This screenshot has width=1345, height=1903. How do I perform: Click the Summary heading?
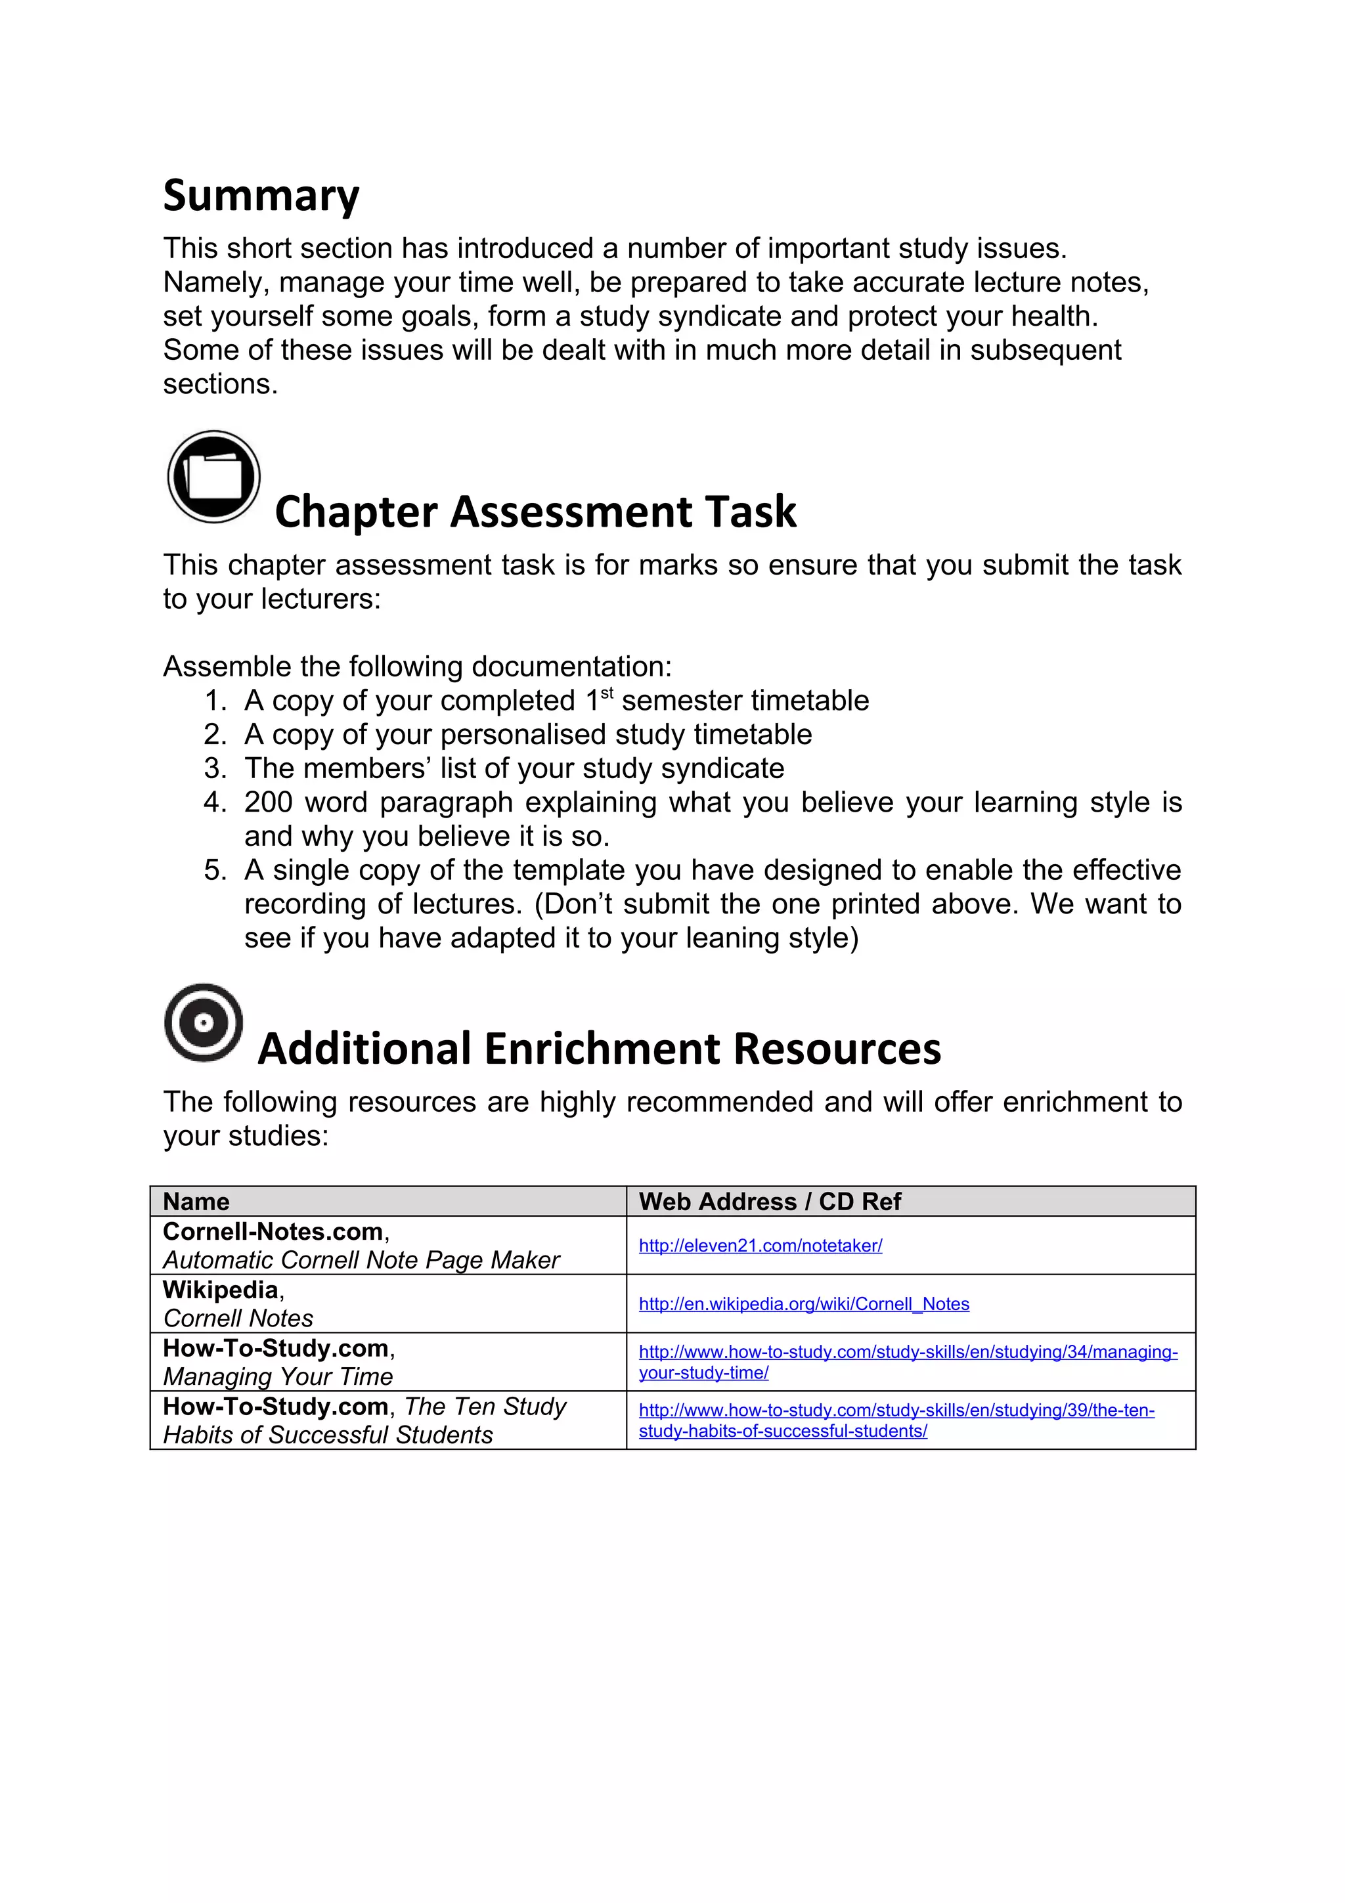click(x=261, y=196)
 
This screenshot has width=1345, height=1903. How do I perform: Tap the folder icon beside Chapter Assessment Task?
click(x=214, y=477)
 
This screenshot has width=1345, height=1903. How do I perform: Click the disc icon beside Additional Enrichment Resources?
click(x=204, y=1023)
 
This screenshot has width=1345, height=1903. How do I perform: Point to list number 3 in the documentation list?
click(x=215, y=768)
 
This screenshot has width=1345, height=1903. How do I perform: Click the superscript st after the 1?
click(x=607, y=693)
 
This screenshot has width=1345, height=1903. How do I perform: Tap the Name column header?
click(x=196, y=1201)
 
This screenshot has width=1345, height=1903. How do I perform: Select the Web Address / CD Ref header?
click(x=769, y=1201)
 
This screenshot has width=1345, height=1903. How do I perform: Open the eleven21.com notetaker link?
click(x=760, y=1246)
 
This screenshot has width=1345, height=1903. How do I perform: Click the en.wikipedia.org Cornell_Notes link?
click(x=803, y=1303)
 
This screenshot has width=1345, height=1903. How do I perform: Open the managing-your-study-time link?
click(x=908, y=1352)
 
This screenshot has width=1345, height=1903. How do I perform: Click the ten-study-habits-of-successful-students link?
click(x=896, y=1410)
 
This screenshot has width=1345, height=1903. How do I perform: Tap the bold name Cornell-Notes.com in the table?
click(x=273, y=1232)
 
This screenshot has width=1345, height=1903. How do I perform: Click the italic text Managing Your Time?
click(x=278, y=1377)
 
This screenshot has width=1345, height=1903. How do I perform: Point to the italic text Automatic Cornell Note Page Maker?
click(x=361, y=1260)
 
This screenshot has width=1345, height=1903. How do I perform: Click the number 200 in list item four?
click(x=268, y=802)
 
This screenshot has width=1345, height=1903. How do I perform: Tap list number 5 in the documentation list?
click(x=215, y=870)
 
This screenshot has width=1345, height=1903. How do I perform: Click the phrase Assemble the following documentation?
click(x=417, y=667)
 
